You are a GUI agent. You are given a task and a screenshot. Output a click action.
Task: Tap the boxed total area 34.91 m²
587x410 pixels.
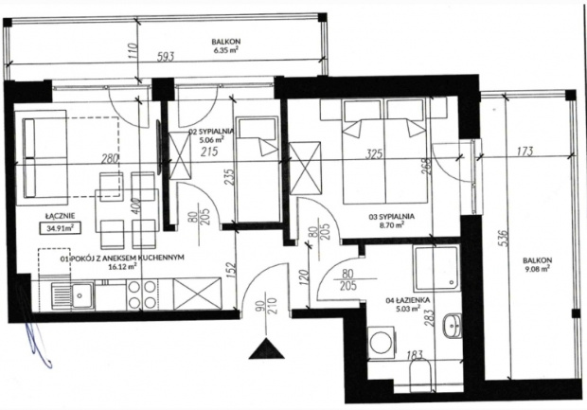59,227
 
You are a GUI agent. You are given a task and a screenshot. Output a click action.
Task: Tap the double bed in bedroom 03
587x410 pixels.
382,152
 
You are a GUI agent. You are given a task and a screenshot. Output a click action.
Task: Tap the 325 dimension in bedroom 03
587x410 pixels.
374,152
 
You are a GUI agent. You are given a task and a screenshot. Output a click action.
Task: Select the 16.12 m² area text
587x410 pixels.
121,267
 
